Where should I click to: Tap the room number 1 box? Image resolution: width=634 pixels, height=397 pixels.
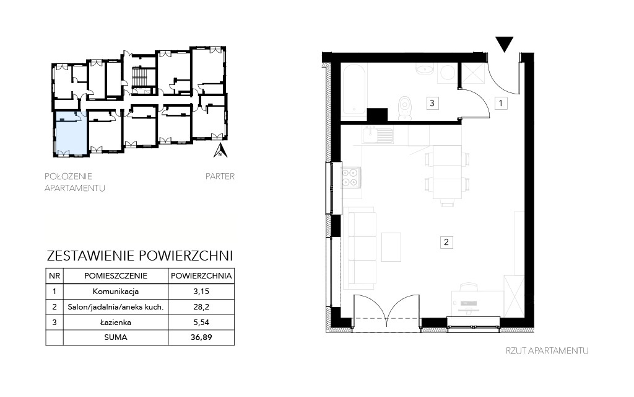tap(500, 104)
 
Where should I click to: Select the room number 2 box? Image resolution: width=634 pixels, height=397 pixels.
tap(446, 243)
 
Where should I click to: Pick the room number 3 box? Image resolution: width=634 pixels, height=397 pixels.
tap(432, 104)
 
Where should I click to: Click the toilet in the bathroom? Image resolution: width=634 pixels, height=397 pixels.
tap(404, 109)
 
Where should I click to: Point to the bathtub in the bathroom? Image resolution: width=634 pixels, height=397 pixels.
tap(354, 90)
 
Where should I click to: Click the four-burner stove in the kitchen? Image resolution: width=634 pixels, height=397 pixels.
tap(350, 177)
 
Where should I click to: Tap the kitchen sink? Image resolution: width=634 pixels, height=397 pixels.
tap(378, 135)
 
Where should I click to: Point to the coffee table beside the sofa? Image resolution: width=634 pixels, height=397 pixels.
tap(391, 247)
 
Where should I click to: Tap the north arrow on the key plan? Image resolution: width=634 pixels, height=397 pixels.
tap(220, 150)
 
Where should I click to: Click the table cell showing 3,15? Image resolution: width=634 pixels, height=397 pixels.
tap(201, 292)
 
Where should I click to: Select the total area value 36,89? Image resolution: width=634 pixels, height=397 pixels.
tap(201, 337)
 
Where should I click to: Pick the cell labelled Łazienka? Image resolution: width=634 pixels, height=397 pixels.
tap(116, 323)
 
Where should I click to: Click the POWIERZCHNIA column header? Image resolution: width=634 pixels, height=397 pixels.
tap(201, 276)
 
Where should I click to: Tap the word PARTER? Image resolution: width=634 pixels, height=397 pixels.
tap(220, 176)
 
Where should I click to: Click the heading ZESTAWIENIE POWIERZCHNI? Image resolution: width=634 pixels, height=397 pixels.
tap(140, 256)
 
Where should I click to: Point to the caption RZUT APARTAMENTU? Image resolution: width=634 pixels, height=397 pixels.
tap(547, 351)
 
